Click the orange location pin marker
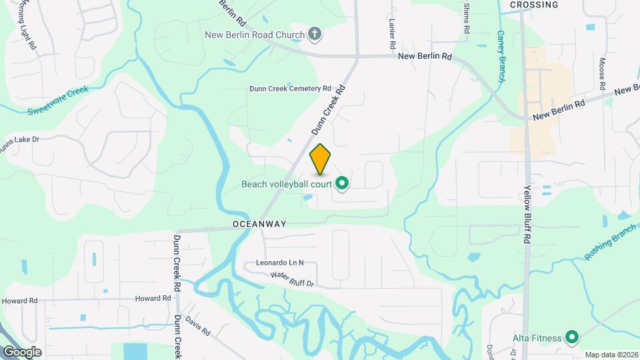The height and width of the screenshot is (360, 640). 321,159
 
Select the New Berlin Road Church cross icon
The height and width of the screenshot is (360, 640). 315,34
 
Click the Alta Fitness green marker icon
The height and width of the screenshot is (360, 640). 571,338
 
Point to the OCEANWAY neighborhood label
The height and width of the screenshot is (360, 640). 259,224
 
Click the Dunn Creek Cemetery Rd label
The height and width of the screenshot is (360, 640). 290,88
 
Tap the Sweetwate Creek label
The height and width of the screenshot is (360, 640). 58,101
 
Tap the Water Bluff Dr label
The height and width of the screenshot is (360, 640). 291,279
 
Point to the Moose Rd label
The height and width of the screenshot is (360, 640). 601,73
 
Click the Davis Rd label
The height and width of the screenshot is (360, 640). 198,325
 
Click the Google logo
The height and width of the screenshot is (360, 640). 22,351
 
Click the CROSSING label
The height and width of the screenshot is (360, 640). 533,5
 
